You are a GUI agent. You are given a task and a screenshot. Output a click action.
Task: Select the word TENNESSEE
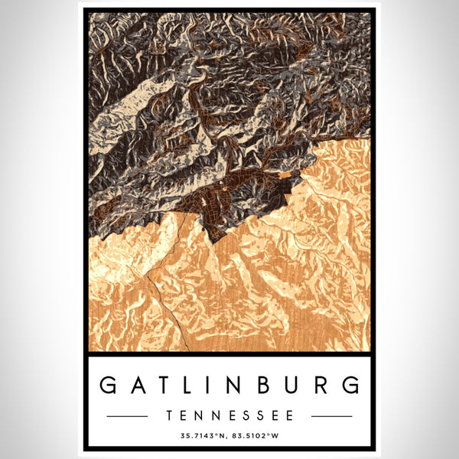pos(229,416)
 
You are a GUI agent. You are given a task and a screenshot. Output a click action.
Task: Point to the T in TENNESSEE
pos(169,416)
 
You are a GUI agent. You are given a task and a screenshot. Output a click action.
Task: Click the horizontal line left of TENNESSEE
pos(127,416)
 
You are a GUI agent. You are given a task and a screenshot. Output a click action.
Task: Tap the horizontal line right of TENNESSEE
pos(332,416)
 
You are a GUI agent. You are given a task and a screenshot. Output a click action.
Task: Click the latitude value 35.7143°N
pos(201,436)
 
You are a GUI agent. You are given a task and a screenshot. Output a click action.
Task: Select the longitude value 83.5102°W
pos(258,436)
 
